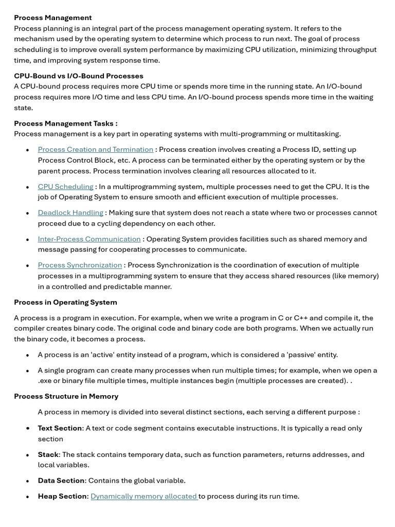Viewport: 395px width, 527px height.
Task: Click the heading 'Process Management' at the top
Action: (x=52, y=17)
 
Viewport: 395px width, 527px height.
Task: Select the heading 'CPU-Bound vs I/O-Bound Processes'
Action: (x=78, y=76)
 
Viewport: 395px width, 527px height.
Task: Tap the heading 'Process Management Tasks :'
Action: (x=65, y=123)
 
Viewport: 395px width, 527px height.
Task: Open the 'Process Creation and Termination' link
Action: (x=95, y=149)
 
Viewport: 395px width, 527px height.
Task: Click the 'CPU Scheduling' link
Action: (x=65, y=186)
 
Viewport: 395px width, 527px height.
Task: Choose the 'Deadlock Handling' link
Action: (x=70, y=213)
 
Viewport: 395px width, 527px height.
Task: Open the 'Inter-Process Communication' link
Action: (x=89, y=239)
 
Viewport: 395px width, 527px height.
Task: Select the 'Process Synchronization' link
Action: (x=80, y=265)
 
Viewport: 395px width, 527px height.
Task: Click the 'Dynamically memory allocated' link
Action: (x=144, y=496)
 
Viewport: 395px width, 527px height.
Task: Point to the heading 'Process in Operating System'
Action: (x=65, y=302)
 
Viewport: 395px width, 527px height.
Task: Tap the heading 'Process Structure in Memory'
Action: (x=66, y=396)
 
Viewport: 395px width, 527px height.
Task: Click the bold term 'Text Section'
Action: (x=60, y=428)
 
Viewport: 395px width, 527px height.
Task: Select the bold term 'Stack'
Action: (x=48, y=454)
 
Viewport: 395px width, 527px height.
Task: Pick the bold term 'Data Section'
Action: (x=61, y=480)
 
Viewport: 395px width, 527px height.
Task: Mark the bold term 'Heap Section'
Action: (x=62, y=496)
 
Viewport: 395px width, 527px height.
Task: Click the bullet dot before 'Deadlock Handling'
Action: (x=27, y=213)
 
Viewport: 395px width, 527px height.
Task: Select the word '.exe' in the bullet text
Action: (x=45, y=381)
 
